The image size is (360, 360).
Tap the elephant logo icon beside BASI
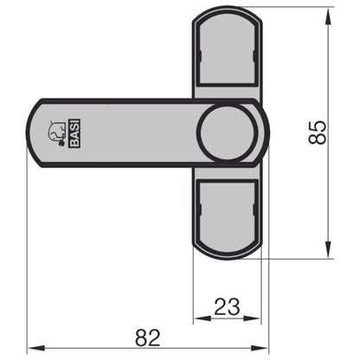point(55,132)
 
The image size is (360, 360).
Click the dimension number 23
point(226,305)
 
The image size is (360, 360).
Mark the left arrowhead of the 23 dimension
point(196,318)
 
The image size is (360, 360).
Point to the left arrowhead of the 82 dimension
point(33,349)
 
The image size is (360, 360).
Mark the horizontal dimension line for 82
point(104,349)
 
